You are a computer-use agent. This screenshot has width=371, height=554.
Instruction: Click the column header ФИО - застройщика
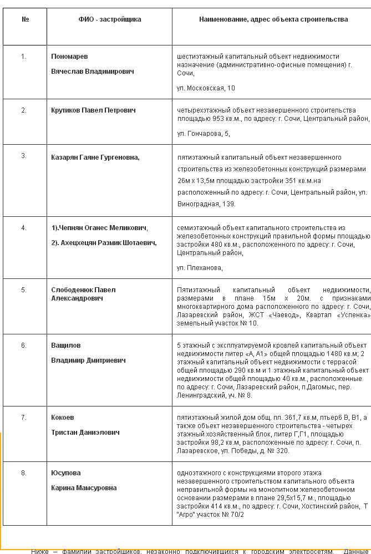(109, 19)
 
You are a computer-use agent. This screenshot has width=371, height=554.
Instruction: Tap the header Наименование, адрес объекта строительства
(273, 19)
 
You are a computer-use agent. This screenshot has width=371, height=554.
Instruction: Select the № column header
(25, 19)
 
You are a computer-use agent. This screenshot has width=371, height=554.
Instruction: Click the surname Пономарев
(69, 57)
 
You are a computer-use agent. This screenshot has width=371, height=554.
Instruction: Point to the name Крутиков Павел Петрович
(93, 110)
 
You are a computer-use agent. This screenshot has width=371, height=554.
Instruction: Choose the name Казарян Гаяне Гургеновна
(95, 157)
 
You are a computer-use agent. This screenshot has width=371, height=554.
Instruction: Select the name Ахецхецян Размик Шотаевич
(104, 242)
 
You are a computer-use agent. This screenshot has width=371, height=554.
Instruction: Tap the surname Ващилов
(65, 345)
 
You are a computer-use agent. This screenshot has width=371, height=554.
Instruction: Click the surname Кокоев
(62, 418)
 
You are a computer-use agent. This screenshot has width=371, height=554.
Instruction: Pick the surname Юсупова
(65, 473)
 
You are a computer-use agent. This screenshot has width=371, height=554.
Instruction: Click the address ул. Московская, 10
(206, 88)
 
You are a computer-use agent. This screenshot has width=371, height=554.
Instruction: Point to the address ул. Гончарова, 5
(203, 134)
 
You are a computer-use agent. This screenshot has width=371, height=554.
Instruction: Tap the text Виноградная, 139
(199, 204)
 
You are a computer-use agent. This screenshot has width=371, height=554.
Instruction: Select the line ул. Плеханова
(200, 268)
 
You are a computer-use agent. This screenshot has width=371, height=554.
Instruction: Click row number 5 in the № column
(24, 290)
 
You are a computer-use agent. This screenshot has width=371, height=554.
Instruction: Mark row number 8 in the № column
(24, 473)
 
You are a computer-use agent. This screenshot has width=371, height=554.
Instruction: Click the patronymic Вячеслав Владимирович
(92, 72)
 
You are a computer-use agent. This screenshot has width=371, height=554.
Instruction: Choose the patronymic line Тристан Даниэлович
(85, 433)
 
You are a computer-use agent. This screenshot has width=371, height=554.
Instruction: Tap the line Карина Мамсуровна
(84, 488)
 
